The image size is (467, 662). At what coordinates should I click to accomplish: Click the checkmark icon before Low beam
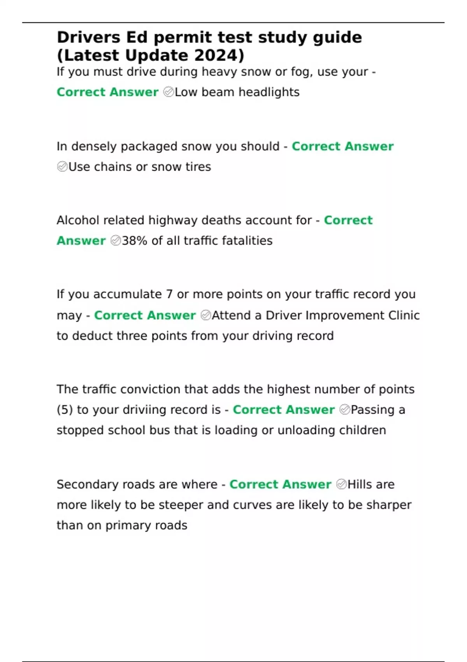coord(169,92)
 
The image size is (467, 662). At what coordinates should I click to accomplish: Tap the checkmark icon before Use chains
coord(62,167)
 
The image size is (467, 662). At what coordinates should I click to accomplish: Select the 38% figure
coord(135,241)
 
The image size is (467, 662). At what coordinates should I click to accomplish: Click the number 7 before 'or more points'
coord(169,294)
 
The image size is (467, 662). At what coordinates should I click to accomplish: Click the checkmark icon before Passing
coord(345,410)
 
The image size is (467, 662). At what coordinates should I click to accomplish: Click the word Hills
coord(360,485)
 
